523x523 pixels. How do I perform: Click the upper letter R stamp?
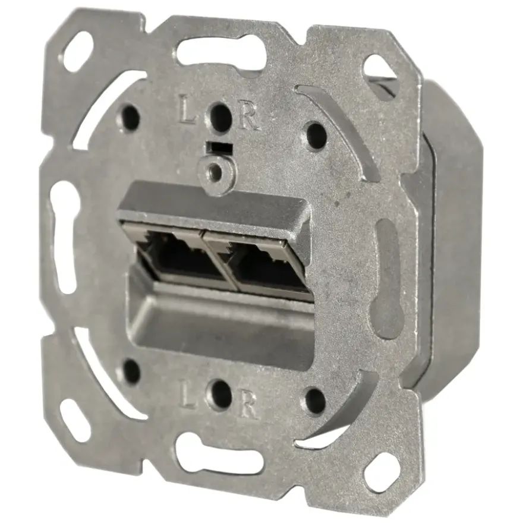tap(249, 118)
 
